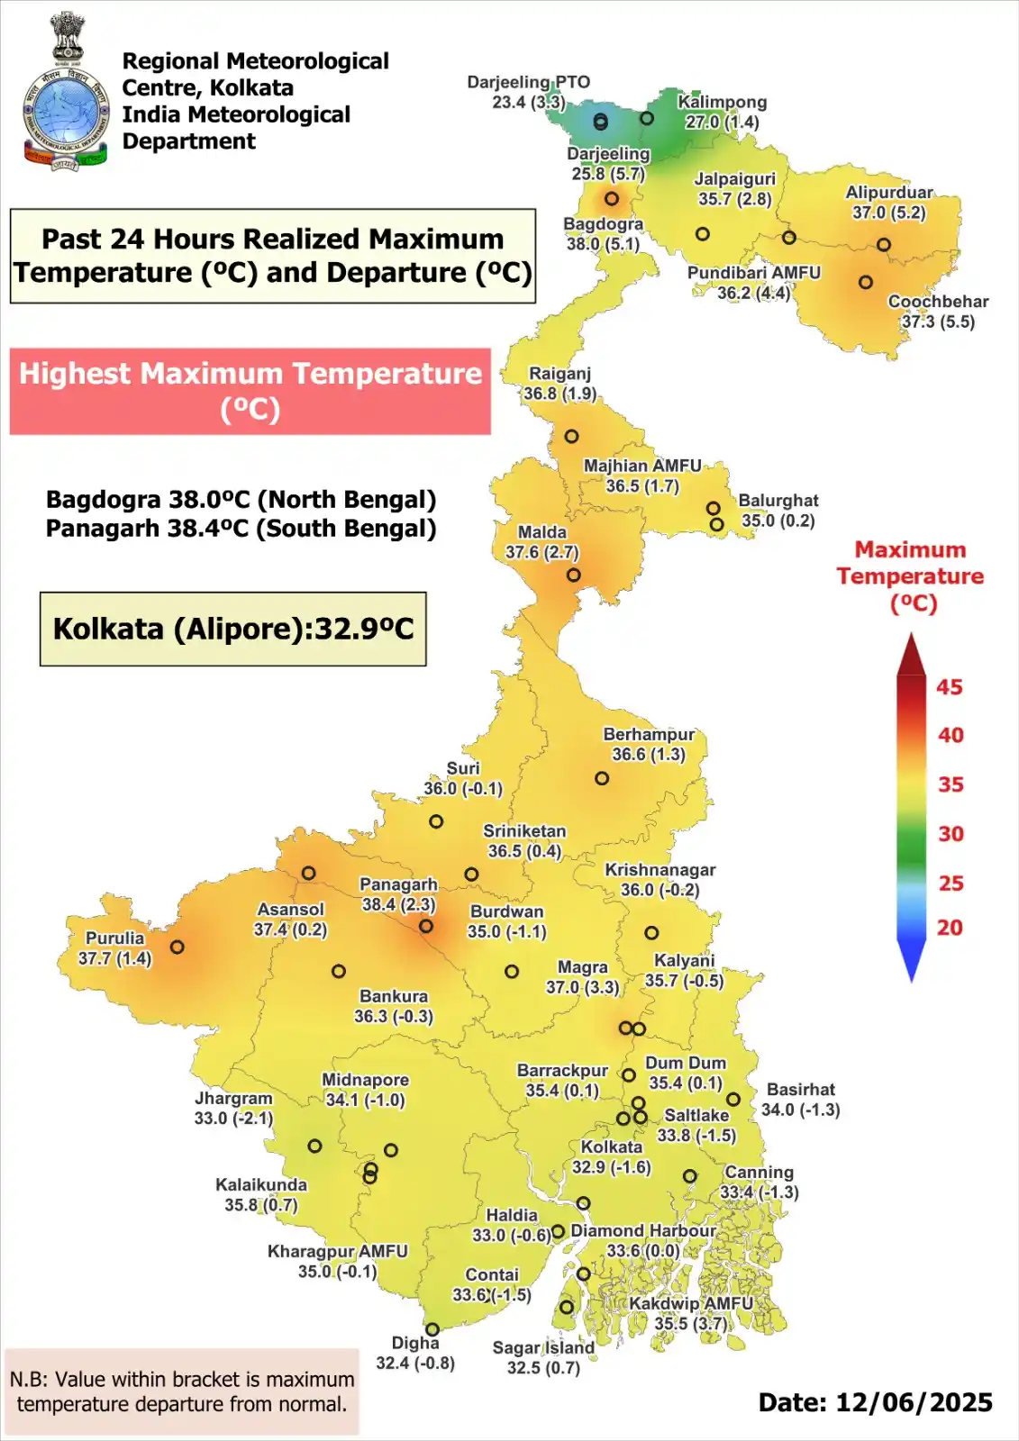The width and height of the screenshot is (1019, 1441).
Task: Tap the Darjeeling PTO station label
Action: (528, 82)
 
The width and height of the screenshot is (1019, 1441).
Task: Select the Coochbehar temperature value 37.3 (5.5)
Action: (938, 322)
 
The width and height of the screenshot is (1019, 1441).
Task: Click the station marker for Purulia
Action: (177, 947)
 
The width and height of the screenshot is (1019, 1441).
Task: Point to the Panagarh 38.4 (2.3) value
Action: (398, 904)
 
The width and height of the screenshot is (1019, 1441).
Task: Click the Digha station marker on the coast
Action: (432, 1329)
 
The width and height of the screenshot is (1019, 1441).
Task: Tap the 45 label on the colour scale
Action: (949, 687)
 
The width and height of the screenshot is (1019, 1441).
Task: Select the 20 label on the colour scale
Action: (949, 928)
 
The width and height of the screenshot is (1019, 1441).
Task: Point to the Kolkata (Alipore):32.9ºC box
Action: (233, 629)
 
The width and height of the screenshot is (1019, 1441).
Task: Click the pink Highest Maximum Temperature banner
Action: (250, 391)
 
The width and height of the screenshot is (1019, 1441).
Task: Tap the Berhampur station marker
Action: (602, 778)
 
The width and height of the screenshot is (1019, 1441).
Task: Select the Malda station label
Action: (542, 532)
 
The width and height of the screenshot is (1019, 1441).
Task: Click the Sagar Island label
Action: (543, 1347)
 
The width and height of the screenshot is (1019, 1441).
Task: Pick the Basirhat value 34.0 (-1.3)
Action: (800, 1110)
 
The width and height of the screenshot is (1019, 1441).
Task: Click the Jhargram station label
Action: (233, 1098)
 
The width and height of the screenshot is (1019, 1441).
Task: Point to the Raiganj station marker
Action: (571, 436)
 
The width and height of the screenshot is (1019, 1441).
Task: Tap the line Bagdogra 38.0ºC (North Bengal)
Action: (241, 500)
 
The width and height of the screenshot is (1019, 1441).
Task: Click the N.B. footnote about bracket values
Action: (181, 1391)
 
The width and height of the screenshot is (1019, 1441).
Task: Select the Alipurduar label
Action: (888, 192)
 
